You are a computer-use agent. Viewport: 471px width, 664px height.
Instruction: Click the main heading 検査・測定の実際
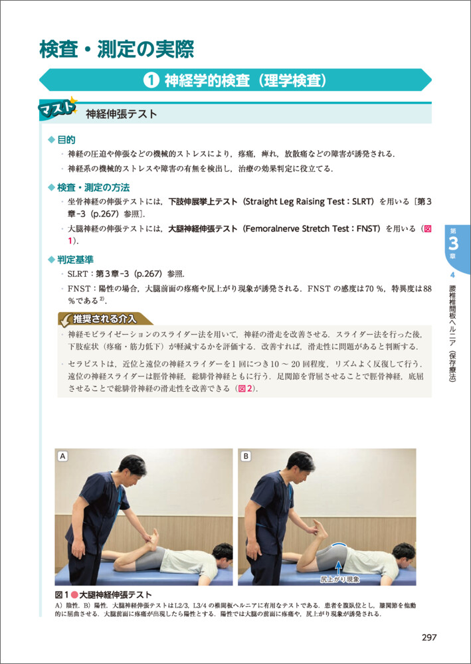116,50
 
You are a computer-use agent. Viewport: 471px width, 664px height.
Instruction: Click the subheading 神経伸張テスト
122,114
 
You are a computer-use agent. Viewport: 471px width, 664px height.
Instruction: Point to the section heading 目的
66,139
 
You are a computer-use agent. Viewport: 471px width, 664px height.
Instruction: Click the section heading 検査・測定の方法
94,187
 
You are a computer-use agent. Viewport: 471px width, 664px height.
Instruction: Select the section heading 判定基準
76,259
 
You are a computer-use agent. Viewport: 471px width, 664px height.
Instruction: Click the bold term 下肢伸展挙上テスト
203,202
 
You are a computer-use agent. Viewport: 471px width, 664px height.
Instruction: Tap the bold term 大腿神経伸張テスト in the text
203,229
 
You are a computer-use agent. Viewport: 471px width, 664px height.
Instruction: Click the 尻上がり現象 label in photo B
339,579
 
